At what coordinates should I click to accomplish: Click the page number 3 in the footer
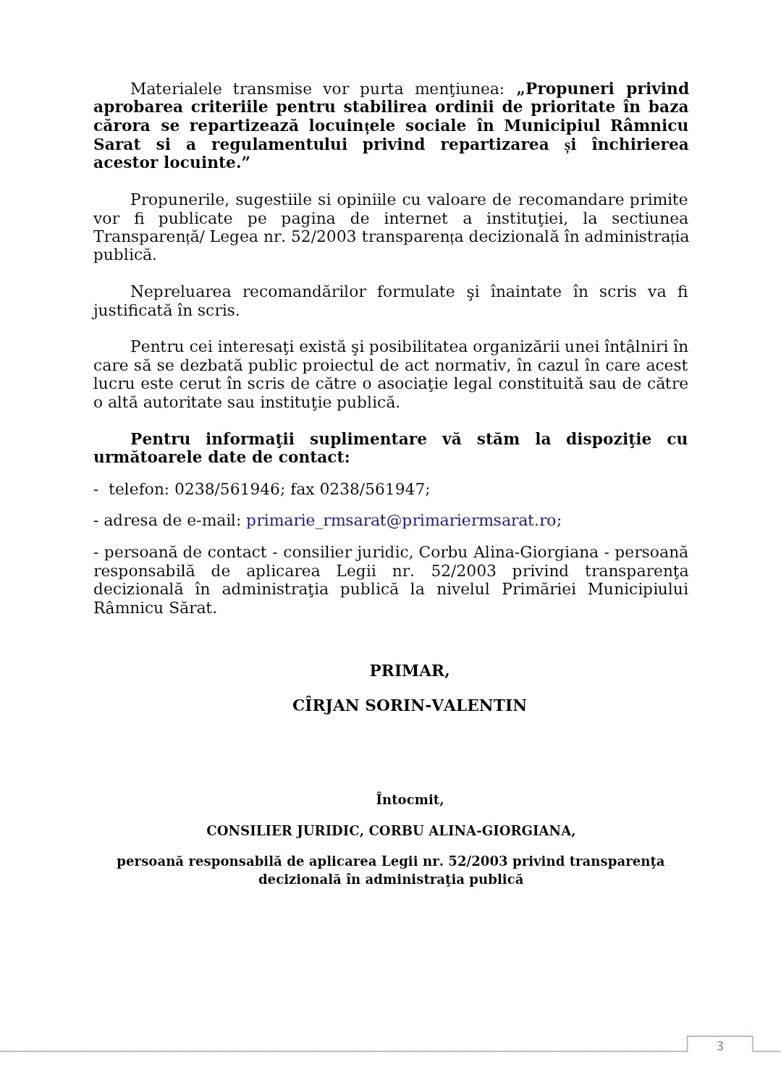click(719, 1045)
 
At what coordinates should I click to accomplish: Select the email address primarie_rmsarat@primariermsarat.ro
click(401, 520)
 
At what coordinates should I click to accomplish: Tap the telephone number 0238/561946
click(227, 489)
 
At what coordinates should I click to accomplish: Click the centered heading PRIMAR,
click(409, 671)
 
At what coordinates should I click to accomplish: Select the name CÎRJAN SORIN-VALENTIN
click(409, 706)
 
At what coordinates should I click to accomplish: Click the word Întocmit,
click(409, 800)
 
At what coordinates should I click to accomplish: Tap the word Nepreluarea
click(180, 292)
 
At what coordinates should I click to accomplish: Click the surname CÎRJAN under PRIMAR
click(325, 706)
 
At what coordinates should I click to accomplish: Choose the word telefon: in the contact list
click(138, 489)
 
